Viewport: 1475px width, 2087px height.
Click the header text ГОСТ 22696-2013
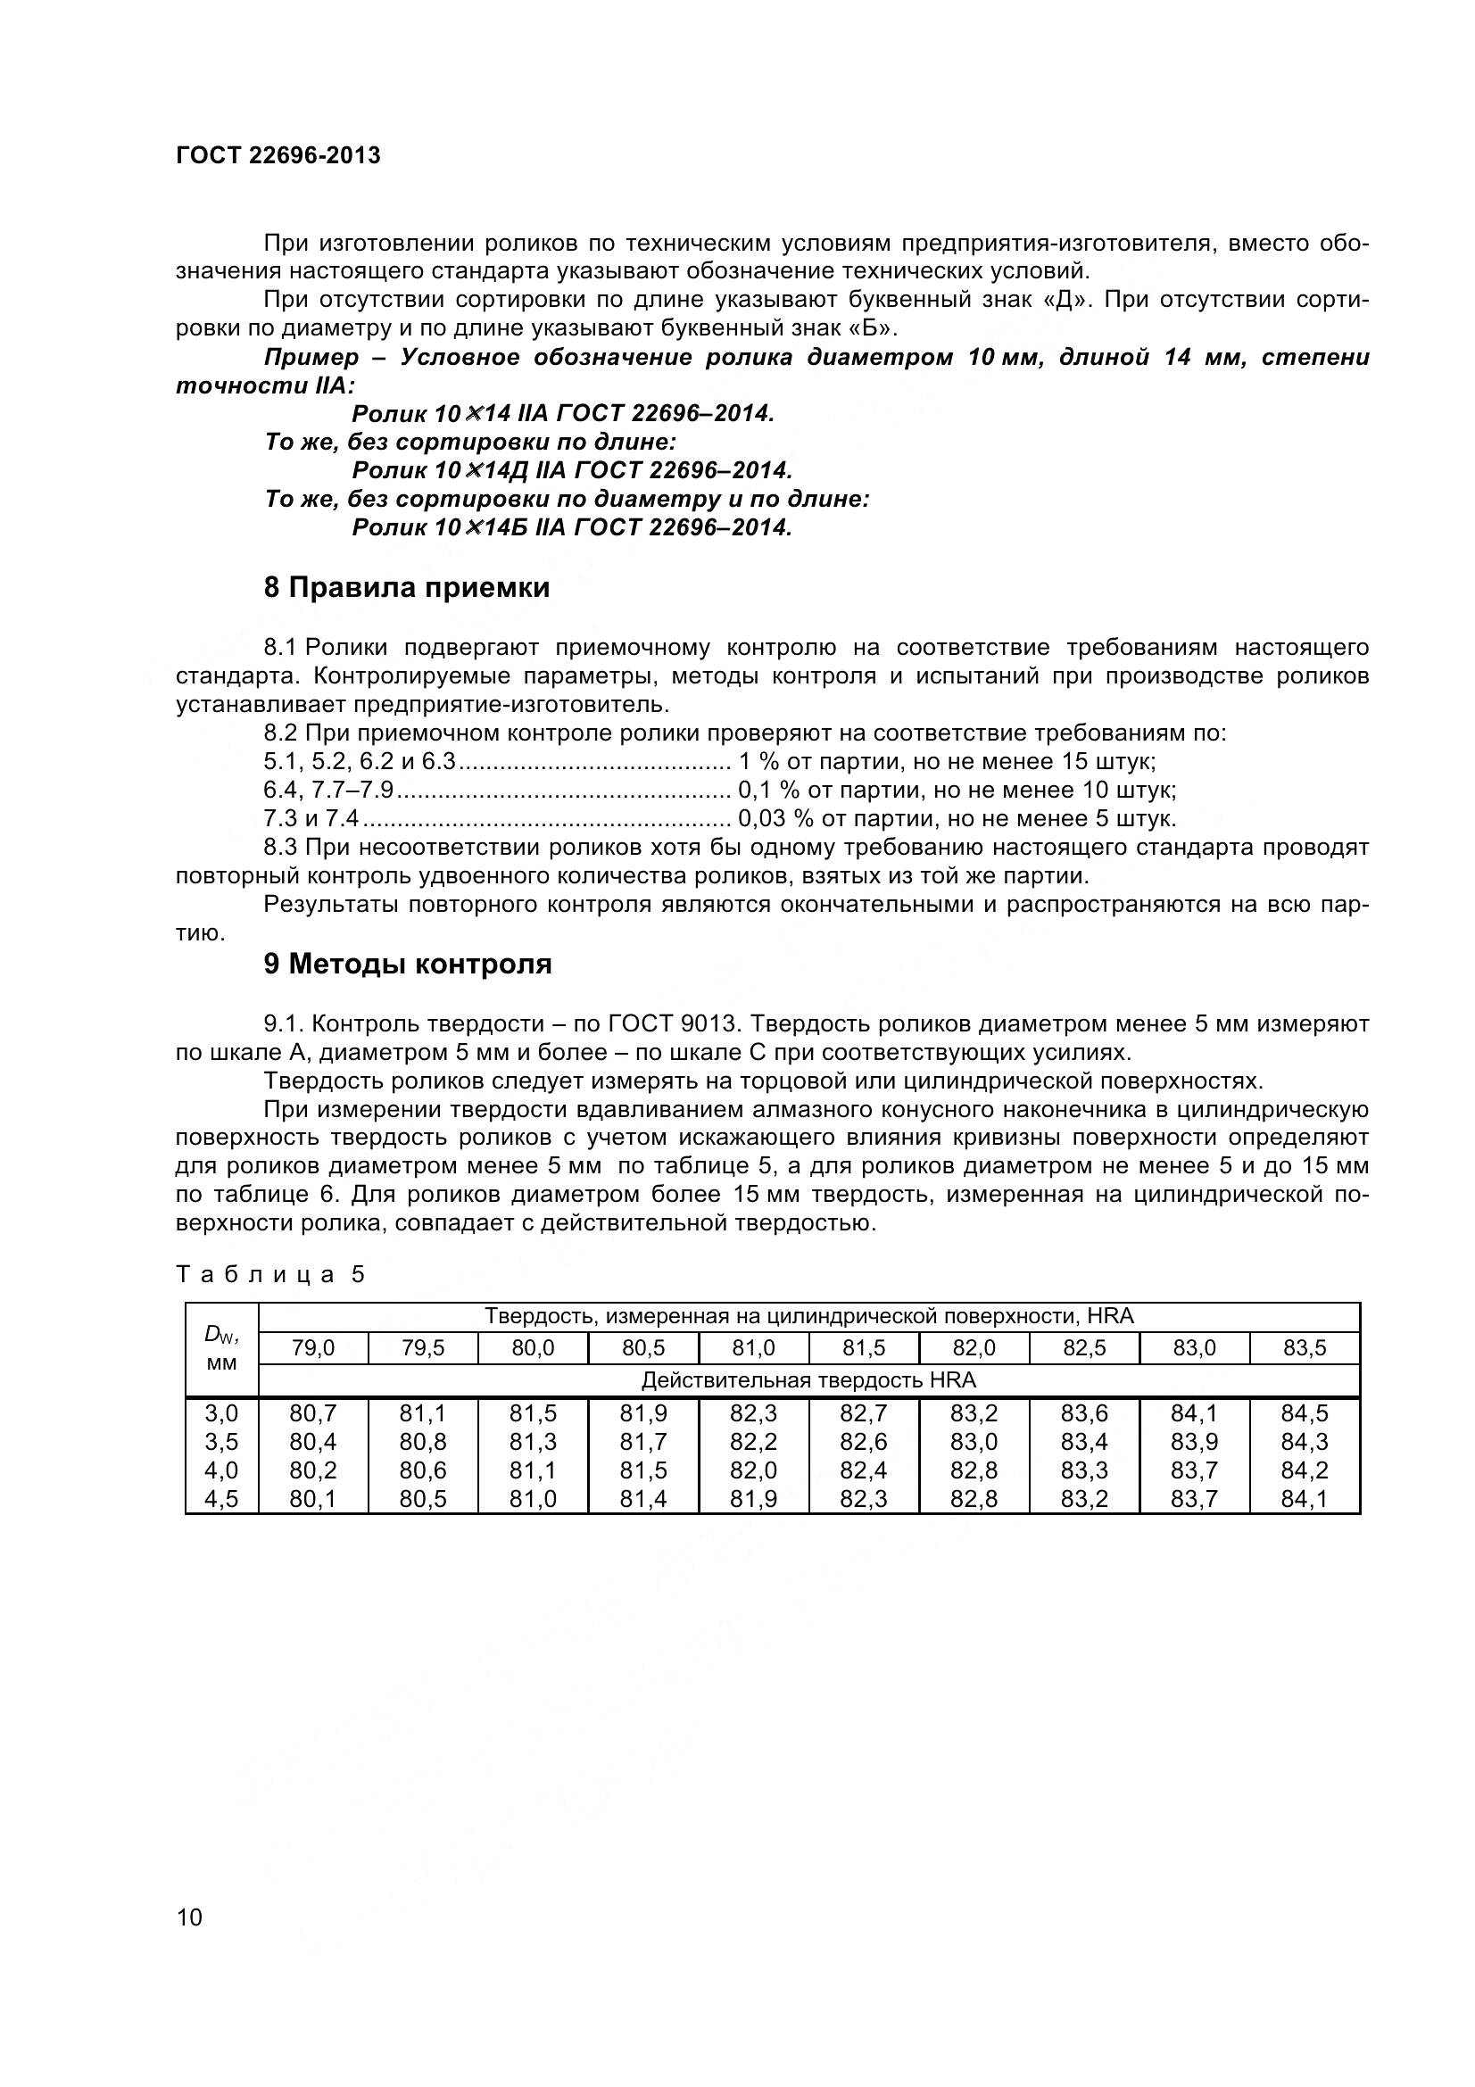[278, 155]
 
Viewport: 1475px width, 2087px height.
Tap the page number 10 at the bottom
[190, 1918]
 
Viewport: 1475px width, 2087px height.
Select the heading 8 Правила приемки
[406, 588]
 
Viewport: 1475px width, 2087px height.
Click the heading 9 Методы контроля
[407, 965]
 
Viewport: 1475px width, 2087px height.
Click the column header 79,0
[313, 1349]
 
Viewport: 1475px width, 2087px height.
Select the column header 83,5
[1305, 1349]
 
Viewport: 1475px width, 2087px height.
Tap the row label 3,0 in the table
[222, 1413]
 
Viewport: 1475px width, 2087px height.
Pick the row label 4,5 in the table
[222, 1499]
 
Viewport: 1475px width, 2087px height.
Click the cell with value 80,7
[313, 1413]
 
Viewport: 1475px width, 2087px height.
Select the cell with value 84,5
[1305, 1413]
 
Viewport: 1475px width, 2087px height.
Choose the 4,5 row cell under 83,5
[1305, 1499]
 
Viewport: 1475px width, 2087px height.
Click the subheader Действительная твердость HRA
[808, 1380]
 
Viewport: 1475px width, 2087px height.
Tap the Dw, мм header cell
[222, 1349]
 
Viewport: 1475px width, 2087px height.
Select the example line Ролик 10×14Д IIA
[572, 471]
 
